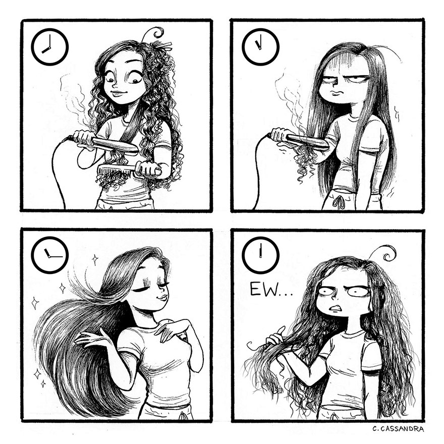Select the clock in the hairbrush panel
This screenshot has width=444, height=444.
pyautogui.click(x=49, y=46)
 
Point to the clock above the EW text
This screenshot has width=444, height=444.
pyautogui.click(x=260, y=255)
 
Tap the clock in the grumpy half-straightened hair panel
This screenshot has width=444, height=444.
pyautogui.click(x=260, y=46)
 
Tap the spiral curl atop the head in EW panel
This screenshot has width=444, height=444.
pyautogui.click(x=387, y=252)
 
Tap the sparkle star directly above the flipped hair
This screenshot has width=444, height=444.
pyautogui.click(x=94, y=259)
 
